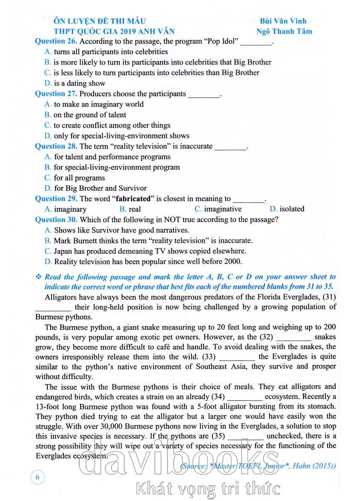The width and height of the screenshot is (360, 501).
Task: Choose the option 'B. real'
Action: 130,209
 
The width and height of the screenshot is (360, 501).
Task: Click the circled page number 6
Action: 38,477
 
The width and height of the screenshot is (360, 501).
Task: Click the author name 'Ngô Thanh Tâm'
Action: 284,31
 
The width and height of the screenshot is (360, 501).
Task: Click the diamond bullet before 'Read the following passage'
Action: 38,277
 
